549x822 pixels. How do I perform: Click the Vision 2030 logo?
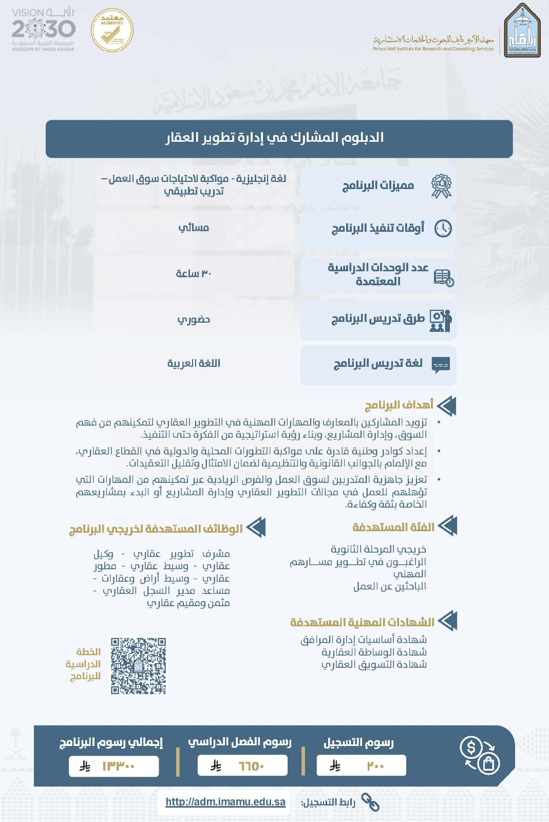click(x=43, y=29)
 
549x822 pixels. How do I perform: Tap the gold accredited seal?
click(x=112, y=30)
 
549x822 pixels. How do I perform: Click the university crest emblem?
click(x=522, y=30)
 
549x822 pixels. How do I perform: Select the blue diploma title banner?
click(x=279, y=138)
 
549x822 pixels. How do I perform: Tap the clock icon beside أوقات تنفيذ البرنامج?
click(x=443, y=228)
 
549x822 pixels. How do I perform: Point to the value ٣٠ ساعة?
click(x=194, y=273)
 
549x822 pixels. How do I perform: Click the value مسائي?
click(x=194, y=228)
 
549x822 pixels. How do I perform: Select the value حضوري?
click(x=194, y=319)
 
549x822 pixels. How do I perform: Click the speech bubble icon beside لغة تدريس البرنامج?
click(x=441, y=364)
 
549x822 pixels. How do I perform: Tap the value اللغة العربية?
click(x=194, y=363)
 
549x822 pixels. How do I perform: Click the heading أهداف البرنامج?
click(x=399, y=405)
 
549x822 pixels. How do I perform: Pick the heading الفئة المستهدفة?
click(x=393, y=527)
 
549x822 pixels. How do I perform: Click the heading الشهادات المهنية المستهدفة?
click(x=362, y=622)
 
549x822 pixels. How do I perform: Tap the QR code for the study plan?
click(x=139, y=666)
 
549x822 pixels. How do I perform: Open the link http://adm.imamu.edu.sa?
click(x=225, y=802)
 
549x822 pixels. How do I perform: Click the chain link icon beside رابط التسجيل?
click(x=370, y=801)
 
